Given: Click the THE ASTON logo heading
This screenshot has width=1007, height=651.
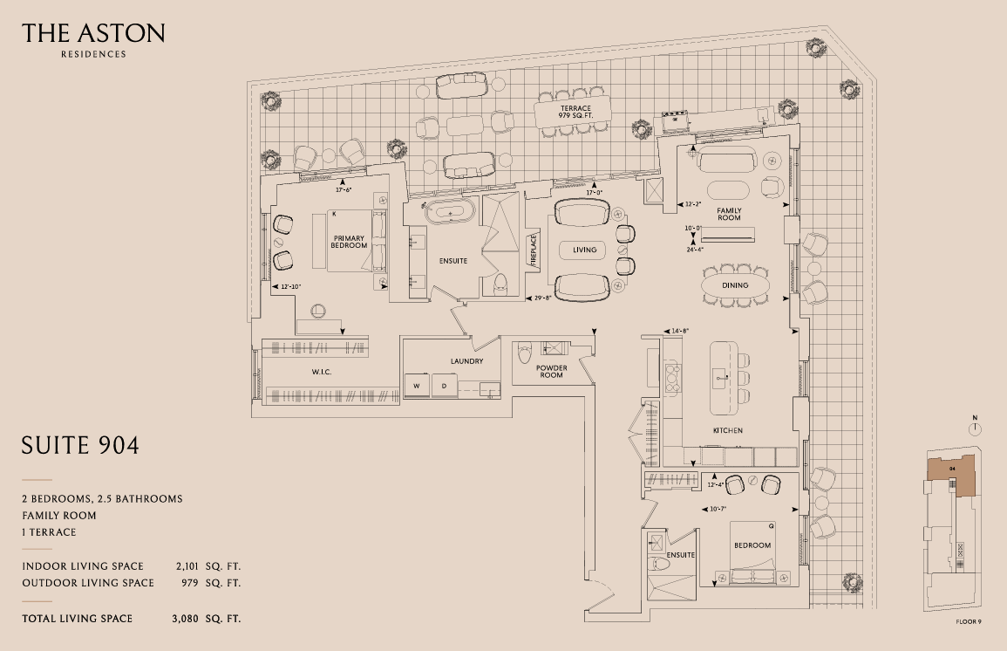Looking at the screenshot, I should pyautogui.click(x=93, y=34).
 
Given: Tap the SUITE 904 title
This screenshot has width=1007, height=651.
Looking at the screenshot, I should pyautogui.click(x=80, y=446).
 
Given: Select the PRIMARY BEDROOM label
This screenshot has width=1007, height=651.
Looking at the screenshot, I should pyautogui.click(x=348, y=241).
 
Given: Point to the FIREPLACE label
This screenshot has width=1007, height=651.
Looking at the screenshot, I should pyautogui.click(x=533, y=250).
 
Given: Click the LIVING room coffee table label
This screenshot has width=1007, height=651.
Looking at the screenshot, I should pyautogui.click(x=584, y=250).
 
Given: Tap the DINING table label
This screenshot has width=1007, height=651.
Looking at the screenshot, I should pyautogui.click(x=735, y=285).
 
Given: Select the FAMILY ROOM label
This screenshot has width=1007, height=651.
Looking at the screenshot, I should pyautogui.click(x=729, y=214).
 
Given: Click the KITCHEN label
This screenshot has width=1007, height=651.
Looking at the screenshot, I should pyautogui.click(x=727, y=431).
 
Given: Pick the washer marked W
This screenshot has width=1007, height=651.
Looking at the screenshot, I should pyautogui.click(x=416, y=385).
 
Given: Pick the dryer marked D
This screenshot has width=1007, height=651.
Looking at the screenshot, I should pyautogui.click(x=443, y=385).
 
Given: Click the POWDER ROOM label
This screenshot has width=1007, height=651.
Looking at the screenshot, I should pyautogui.click(x=551, y=372).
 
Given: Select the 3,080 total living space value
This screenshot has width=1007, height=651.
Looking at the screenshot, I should pyautogui.click(x=189, y=619).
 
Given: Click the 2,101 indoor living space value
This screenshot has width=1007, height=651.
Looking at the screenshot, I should pyautogui.click(x=189, y=566).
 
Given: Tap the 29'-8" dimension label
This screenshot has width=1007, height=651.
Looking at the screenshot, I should pyautogui.click(x=544, y=298).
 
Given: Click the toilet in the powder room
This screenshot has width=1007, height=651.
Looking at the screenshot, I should pyautogui.click(x=524, y=354).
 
